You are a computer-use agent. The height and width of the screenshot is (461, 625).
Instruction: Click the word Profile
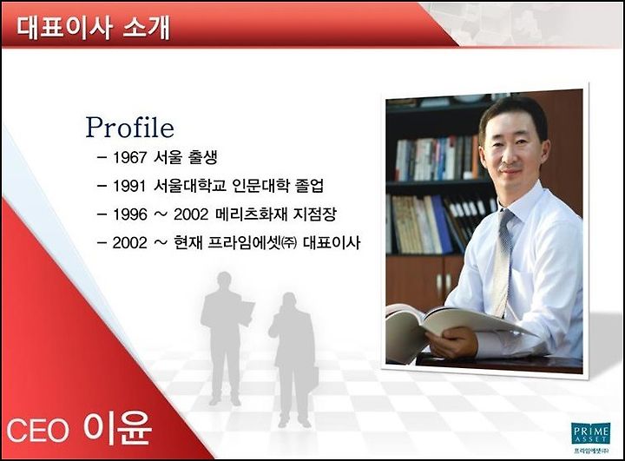tap(130, 128)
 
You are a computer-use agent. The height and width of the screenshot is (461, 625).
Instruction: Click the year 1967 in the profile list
tap(130, 158)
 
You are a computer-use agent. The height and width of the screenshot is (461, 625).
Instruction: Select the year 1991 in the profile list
tap(129, 187)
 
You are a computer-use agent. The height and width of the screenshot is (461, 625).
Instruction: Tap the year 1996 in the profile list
tap(130, 214)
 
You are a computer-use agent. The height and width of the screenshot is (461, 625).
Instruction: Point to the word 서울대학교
tap(190, 186)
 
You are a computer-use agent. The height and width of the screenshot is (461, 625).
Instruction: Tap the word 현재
tap(188, 242)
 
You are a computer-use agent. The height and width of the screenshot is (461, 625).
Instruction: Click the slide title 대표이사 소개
tap(93, 28)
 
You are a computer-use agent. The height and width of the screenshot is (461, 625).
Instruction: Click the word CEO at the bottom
tap(38, 431)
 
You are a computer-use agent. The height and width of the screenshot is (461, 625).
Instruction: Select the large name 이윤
tap(117, 427)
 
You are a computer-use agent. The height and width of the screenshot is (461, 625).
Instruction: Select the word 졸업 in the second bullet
tap(309, 186)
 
